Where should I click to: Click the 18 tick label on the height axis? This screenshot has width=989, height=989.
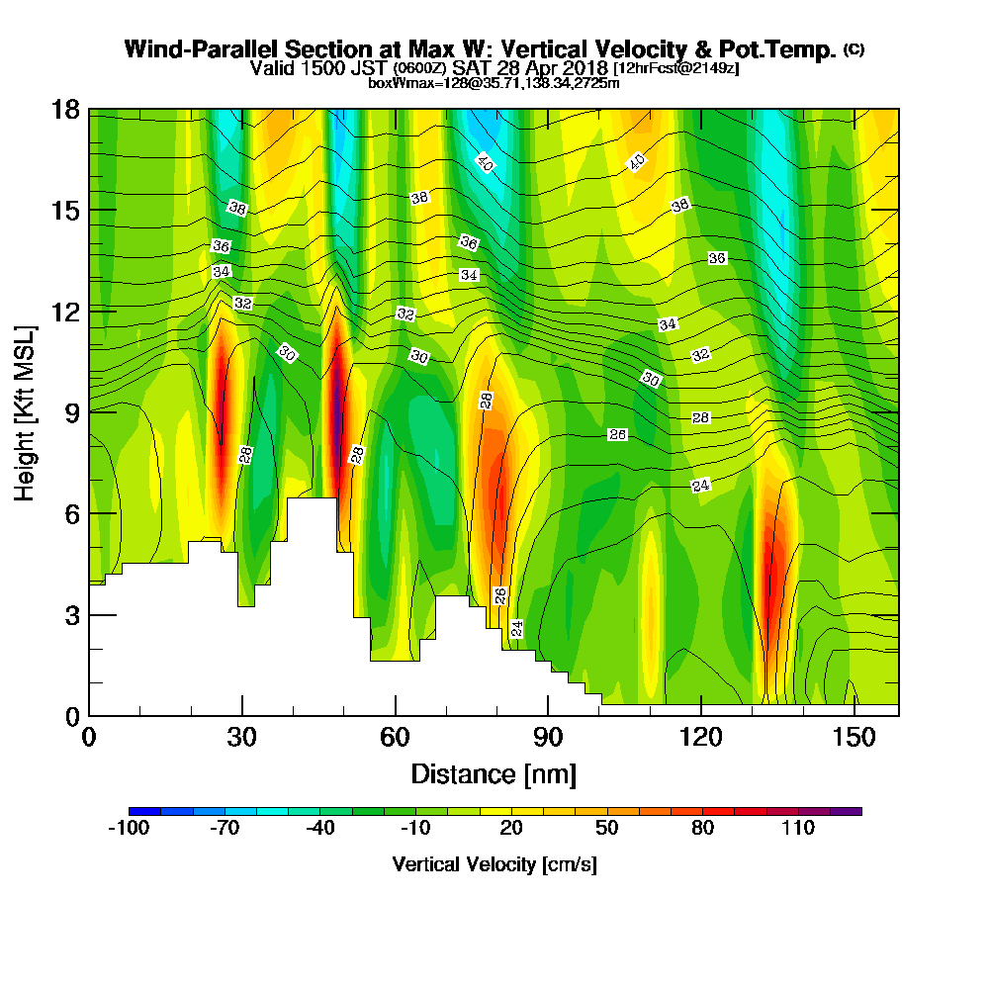click(x=65, y=109)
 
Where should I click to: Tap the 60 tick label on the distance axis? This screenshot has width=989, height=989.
click(x=395, y=738)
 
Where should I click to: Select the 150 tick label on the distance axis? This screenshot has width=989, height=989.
click(x=853, y=738)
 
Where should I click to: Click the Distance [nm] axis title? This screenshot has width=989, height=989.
click(x=494, y=773)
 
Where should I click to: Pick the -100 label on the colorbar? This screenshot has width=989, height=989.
click(x=128, y=829)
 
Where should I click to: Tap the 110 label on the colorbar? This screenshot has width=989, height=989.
click(x=797, y=829)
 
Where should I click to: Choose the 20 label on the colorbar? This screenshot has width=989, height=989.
click(x=510, y=829)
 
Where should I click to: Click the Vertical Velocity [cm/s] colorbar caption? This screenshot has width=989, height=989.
click(x=494, y=864)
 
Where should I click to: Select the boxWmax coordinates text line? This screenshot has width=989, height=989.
click(x=494, y=83)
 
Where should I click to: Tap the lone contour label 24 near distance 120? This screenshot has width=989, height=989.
click(x=701, y=485)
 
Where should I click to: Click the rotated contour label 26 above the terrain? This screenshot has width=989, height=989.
click(x=500, y=595)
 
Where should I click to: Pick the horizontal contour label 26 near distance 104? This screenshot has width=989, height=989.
click(x=618, y=435)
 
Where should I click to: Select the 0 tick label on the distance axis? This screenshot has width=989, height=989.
click(x=89, y=738)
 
